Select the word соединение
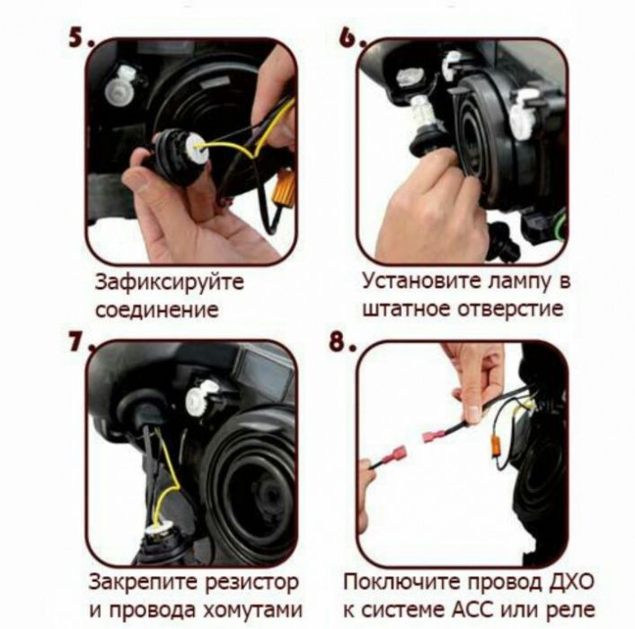(156, 311)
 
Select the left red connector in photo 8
(389, 465)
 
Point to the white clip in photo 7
(200, 397)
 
